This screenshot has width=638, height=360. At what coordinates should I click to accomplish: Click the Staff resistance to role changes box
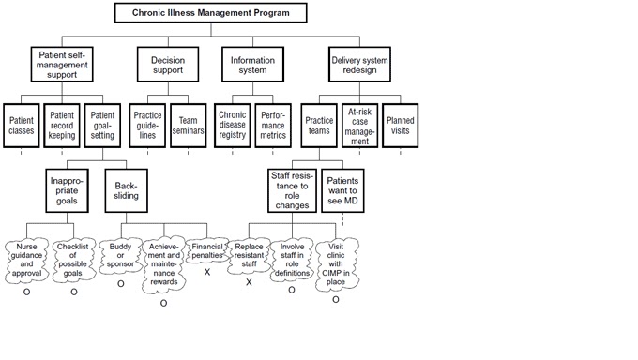pos(292,191)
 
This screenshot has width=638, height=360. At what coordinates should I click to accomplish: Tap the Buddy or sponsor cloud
pos(120,254)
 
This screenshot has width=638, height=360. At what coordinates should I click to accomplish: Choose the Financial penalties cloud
pos(206,249)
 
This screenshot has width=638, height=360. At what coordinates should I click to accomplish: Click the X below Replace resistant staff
pos(249,281)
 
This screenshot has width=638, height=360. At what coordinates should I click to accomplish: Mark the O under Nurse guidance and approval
pos(26,292)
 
